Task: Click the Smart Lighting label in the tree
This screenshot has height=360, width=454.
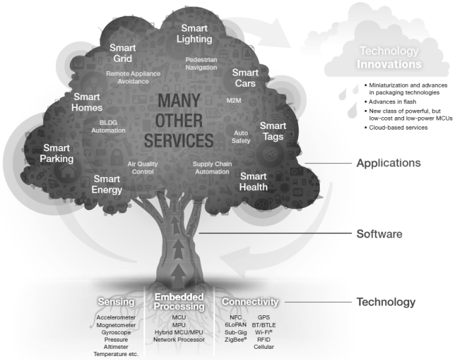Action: pyautogui.click(x=194, y=34)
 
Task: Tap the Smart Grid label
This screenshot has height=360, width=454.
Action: pyautogui.click(x=122, y=53)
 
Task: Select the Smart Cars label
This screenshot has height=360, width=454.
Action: pyautogui.click(x=245, y=78)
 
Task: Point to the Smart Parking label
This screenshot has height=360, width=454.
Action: pyautogui.click(x=57, y=153)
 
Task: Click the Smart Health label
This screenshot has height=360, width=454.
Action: pyautogui.click(x=253, y=182)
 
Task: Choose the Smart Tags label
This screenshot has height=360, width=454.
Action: pyautogui.click(x=273, y=131)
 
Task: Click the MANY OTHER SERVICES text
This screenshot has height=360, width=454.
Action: pyautogui.click(x=179, y=120)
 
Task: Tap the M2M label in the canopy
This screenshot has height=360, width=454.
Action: pyautogui.click(x=234, y=101)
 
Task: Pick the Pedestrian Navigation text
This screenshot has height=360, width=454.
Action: pyautogui.click(x=201, y=63)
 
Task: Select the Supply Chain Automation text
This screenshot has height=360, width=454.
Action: pyautogui.click(x=213, y=168)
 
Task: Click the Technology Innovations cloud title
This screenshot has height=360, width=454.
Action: pyautogui.click(x=389, y=57)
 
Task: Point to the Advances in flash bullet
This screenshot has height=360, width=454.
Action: pyautogui.click(x=390, y=101)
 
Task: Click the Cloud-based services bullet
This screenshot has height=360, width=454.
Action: pyautogui.click(x=396, y=128)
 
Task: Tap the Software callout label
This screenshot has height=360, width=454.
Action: pyautogui.click(x=379, y=234)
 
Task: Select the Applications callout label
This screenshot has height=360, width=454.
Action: pyautogui.click(x=389, y=163)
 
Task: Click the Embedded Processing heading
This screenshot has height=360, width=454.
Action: pyautogui.click(x=179, y=301)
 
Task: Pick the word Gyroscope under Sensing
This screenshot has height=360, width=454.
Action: pyautogui.click(x=116, y=332)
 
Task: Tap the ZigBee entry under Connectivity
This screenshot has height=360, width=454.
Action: pyautogui.click(x=236, y=340)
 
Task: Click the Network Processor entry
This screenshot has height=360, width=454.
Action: pyautogui.click(x=179, y=340)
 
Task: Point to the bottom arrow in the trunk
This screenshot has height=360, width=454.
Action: pyautogui.click(x=179, y=276)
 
